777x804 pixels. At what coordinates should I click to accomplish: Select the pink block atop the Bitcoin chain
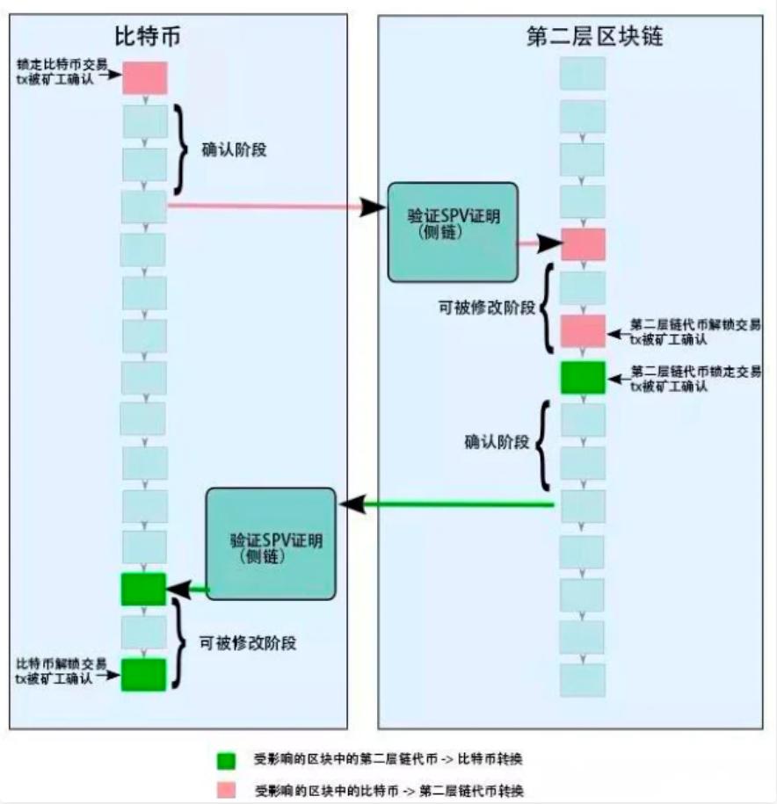[x=144, y=78]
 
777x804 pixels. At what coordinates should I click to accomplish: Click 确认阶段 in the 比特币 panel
[x=234, y=150]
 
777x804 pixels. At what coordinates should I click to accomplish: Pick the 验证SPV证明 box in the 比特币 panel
[x=272, y=546]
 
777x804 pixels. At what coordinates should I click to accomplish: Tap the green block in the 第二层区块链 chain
[x=583, y=377]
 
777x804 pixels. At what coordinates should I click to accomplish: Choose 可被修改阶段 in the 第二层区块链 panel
[x=485, y=309]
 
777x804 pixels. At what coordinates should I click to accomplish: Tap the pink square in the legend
[x=226, y=788]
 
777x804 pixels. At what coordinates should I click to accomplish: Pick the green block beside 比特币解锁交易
[x=143, y=675]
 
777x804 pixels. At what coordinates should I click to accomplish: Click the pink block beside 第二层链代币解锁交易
[x=583, y=331]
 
